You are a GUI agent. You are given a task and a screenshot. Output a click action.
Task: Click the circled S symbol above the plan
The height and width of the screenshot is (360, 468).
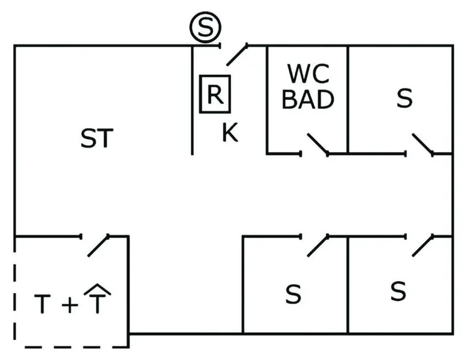[205, 27]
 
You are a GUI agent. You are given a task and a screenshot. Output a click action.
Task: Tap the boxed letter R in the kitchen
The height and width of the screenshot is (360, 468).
[215, 94]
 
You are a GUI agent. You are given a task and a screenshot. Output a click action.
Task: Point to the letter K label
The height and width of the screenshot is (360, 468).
[229, 133]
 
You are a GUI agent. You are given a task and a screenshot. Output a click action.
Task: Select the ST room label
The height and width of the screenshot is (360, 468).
[97, 139]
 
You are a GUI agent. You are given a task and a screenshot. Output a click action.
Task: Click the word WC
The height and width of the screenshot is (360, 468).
[308, 74]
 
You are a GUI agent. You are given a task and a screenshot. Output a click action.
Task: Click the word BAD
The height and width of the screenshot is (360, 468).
[308, 99]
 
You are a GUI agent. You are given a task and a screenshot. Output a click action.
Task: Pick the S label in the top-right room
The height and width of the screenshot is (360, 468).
[405, 99]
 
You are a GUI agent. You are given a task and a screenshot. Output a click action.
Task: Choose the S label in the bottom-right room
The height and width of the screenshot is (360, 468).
[398, 291]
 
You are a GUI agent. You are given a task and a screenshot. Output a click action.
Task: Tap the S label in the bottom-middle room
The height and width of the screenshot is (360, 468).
[293, 294]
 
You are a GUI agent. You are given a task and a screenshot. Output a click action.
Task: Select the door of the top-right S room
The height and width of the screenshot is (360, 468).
[422, 144]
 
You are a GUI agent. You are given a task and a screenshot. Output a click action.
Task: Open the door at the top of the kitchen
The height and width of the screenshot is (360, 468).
[237, 54]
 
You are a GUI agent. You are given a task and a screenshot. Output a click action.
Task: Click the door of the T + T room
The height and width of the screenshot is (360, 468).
[98, 245]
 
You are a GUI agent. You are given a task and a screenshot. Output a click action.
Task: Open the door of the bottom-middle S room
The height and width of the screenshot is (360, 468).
[318, 245]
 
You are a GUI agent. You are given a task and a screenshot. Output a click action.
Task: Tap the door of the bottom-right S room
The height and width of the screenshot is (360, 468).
[422, 245]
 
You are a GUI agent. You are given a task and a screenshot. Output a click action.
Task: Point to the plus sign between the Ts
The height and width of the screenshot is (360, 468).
[70, 305]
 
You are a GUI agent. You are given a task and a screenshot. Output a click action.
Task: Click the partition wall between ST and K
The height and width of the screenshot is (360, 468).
[192, 102]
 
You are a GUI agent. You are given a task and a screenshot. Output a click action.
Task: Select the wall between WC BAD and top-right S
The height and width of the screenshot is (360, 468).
[348, 99]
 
